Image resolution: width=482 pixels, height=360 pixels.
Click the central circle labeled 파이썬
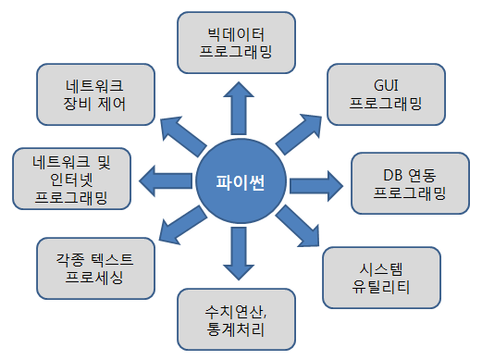coord(241,182)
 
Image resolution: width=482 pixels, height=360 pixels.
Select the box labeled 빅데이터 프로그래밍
coord(236,43)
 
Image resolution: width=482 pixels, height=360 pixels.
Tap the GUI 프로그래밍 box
coord(386,94)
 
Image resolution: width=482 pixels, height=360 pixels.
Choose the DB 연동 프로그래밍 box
coord(410,183)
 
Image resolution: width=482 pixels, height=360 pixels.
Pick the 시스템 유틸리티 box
coord(382,278)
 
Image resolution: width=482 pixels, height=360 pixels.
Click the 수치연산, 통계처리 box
coord(236,319)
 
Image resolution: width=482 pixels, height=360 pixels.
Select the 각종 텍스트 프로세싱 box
coord(95,268)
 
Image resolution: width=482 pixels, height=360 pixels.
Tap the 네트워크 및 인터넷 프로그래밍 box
coord(71,179)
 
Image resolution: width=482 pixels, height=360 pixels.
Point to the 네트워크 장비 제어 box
coord(95,94)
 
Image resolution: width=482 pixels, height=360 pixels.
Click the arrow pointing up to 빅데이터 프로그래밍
coord(239,108)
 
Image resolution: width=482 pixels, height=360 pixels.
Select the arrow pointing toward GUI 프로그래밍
coord(299,134)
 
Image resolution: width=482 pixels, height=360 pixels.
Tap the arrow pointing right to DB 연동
coord(316,186)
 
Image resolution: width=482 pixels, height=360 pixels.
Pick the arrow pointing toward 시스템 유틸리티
coord(298,226)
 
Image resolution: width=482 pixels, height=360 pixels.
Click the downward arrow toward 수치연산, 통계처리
coord(239,254)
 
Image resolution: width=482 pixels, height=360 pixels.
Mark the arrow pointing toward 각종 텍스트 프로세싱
coord(183,225)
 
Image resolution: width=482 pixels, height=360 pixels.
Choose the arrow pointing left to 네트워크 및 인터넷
coord(166,180)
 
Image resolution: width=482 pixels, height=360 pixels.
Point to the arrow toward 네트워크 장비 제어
coord(183,136)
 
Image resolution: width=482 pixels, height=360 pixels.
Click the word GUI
coord(386,85)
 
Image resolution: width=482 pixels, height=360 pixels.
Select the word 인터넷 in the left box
coord(71,180)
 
